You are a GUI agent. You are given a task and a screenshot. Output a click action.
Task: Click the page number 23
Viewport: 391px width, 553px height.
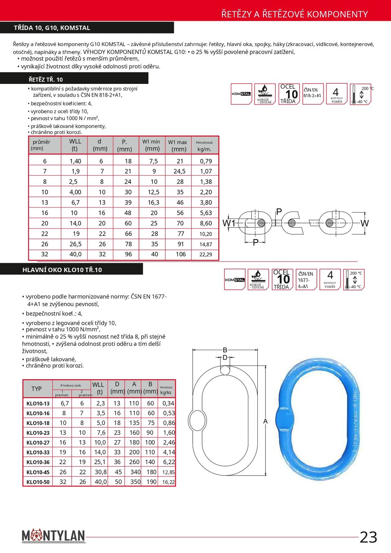[x=368, y=537]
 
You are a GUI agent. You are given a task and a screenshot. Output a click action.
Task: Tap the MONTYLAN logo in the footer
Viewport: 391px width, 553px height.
[x=53, y=535]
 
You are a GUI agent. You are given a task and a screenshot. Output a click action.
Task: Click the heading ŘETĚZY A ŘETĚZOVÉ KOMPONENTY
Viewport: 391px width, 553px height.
[x=294, y=14]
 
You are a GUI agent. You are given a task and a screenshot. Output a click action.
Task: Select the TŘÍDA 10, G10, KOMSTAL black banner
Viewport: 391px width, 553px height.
[x=87, y=28]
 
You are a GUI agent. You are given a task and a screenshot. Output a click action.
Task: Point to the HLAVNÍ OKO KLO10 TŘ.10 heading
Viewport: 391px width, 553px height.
[x=62, y=269]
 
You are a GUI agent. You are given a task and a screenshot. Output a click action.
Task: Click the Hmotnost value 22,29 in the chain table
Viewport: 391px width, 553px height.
[x=206, y=254]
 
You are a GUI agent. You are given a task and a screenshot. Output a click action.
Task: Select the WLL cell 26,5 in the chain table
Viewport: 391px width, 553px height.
[x=75, y=244]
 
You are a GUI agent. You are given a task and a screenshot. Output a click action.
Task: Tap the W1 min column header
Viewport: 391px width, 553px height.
[x=152, y=145]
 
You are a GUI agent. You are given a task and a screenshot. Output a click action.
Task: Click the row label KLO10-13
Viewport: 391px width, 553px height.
[x=38, y=403]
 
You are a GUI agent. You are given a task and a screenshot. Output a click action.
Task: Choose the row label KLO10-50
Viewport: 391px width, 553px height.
[x=38, y=482]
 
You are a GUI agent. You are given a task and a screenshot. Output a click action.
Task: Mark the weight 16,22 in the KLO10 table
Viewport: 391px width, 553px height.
[x=169, y=482]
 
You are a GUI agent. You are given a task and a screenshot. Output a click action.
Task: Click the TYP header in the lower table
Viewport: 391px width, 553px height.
[x=37, y=389]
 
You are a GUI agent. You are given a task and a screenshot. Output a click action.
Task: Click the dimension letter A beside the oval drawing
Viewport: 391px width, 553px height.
[x=266, y=421]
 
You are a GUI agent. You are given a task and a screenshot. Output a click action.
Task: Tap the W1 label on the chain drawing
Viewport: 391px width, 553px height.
[x=228, y=223]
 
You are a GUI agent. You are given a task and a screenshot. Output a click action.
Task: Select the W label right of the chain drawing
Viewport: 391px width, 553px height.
[x=365, y=223]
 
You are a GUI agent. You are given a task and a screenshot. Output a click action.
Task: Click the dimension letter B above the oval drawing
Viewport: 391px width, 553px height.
[x=225, y=350]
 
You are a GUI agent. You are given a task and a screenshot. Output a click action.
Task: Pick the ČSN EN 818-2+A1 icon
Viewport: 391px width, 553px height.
[x=313, y=94]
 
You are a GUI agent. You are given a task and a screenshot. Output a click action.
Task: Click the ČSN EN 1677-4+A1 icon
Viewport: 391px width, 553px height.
[x=306, y=280]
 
